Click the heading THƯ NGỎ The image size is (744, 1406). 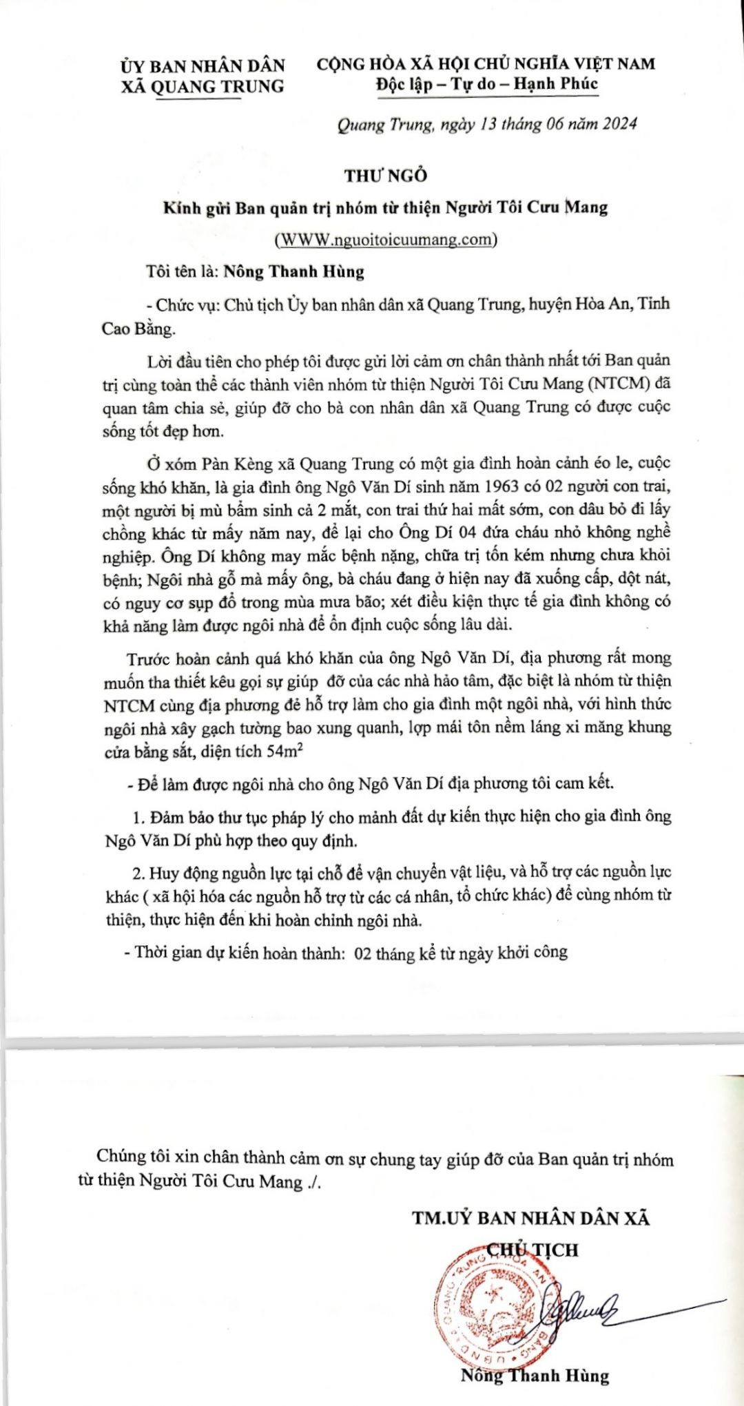[x=386, y=176]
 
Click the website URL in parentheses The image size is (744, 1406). [x=386, y=240]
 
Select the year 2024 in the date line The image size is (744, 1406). [x=619, y=124]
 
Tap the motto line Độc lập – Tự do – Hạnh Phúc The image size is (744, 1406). [x=486, y=84]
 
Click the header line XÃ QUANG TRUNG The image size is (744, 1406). [x=203, y=87]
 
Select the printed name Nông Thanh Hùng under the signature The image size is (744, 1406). [x=535, y=1376]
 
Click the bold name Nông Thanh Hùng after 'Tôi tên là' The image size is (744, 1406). [x=293, y=271]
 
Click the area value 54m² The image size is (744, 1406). [x=282, y=751]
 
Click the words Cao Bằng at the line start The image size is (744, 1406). [x=138, y=329]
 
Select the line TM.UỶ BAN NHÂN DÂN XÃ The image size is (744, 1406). [x=530, y=1218]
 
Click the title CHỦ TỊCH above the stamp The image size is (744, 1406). [x=533, y=1250]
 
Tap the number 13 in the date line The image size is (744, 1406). [x=488, y=124]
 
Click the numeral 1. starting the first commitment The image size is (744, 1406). [x=138, y=818]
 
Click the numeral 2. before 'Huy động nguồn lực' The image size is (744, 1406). [x=138, y=873]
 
